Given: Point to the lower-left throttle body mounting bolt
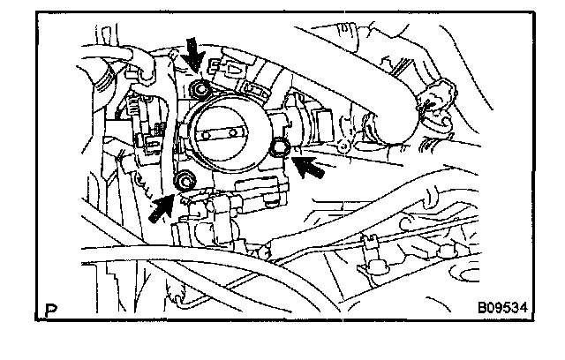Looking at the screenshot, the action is point(185,183).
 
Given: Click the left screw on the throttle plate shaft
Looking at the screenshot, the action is point(210,135).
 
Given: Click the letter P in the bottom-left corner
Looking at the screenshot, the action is point(50,309).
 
